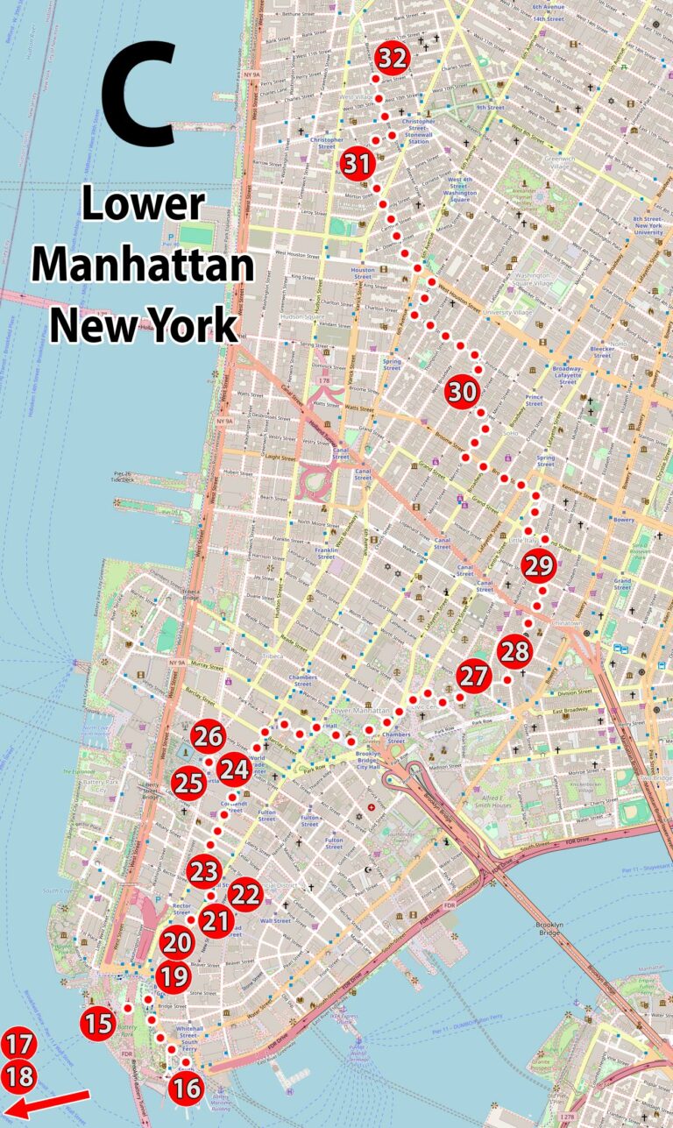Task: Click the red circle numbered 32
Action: (x=393, y=59)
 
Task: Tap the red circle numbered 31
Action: (x=358, y=164)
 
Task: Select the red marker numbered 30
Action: (x=462, y=392)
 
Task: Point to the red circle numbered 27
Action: (x=473, y=677)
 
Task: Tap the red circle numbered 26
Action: (x=208, y=737)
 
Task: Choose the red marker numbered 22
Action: (x=245, y=895)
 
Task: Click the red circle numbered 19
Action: (x=174, y=975)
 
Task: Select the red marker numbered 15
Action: (x=99, y=1023)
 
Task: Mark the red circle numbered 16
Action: (x=187, y=1089)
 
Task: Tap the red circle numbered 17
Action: (x=18, y=1044)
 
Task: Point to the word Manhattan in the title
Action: (x=144, y=264)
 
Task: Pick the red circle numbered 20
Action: (x=178, y=943)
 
